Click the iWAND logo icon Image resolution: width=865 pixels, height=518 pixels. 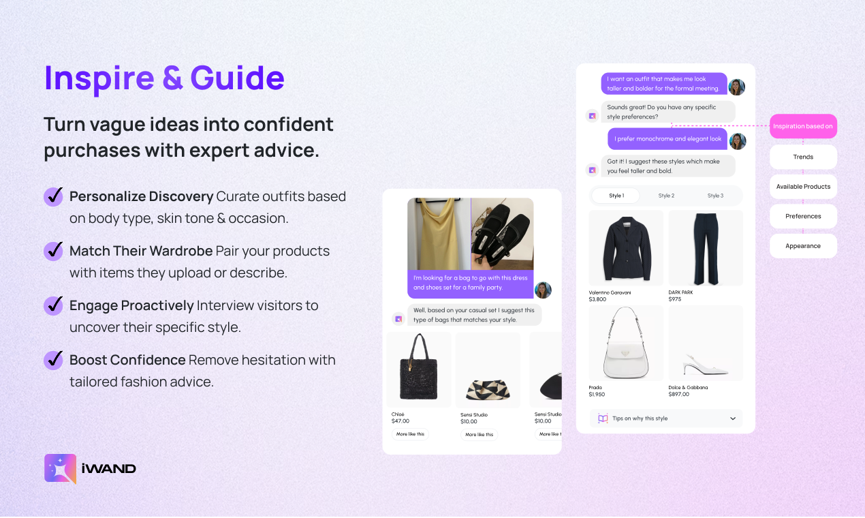[x=60, y=468]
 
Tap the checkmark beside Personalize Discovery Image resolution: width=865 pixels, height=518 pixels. [x=53, y=196]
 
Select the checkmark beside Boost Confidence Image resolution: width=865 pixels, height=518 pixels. [x=53, y=360]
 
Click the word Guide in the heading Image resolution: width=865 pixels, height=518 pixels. [x=237, y=78]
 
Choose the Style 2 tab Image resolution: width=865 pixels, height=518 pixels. [x=666, y=196]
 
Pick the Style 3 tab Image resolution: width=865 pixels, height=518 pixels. [x=715, y=196]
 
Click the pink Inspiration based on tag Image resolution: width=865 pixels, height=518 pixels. [x=803, y=126]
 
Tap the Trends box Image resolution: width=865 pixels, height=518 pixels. [x=803, y=157]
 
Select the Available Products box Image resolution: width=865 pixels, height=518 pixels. [x=803, y=186]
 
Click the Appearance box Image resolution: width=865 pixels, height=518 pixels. [x=803, y=246]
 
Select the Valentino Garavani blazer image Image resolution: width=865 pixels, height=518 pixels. [x=625, y=247]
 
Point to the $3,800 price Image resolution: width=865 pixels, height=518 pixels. [x=597, y=299]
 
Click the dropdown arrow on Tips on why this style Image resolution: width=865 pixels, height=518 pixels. [x=733, y=418]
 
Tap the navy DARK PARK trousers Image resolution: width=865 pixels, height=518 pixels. [x=706, y=247]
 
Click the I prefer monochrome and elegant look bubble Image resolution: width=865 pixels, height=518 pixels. [x=667, y=139]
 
